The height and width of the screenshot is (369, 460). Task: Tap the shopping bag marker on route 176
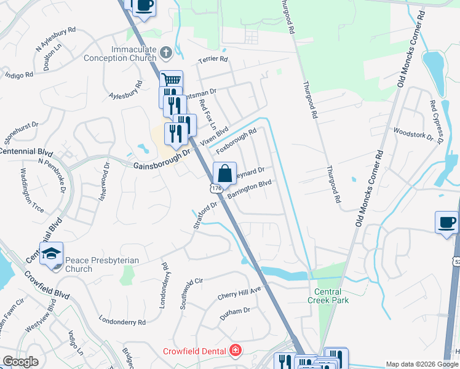pyautogui.click(x=225, y=173)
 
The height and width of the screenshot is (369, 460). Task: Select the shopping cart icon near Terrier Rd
pyautogui.click(x=172, y=80)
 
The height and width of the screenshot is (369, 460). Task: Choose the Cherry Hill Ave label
pyautogui.click(x=239, y=293)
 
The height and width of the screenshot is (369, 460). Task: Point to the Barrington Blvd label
pyautogui.click(x=249, y=189)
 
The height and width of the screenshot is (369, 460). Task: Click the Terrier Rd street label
pyautogui.click(x=213, y=60)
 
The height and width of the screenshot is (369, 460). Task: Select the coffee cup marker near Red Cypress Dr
pyautogui.click(x=446, y=222)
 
